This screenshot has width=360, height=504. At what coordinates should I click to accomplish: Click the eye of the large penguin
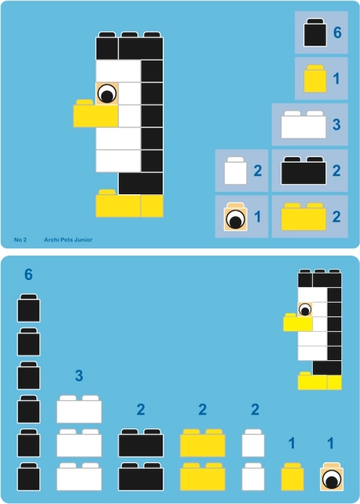(x=107, y=94)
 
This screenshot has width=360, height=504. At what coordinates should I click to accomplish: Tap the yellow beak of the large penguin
(x=96, y=113)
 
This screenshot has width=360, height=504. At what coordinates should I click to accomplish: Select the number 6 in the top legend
(x=337, y=32)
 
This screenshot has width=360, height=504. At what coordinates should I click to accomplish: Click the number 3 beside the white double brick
(x=336, y=125)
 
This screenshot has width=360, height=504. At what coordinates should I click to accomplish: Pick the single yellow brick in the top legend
(x=315, y=79)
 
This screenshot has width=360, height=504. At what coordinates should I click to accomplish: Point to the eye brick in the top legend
(x=236, y=216)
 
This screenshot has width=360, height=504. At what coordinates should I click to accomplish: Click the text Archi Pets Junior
(x=68, y=240)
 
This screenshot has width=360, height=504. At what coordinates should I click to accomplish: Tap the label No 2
(x=20, y=240)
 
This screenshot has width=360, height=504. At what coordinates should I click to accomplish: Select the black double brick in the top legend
(x=303, y=171)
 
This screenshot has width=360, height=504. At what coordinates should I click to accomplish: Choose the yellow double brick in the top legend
(x=303, y=217)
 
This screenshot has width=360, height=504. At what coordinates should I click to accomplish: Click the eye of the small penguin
(x=305, y=310)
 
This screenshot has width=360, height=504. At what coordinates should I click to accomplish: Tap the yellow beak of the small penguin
(x=298, y=322)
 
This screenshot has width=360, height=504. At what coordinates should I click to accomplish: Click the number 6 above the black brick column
(x=28, y=274)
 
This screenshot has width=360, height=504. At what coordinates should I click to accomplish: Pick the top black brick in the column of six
(x=28, y=308)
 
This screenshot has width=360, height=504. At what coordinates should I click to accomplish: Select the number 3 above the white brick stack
(x=79, y=375)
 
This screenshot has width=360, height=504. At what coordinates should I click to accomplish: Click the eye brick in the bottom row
(x=332, y=477)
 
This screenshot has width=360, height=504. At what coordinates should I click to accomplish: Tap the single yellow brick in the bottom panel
(x=292, y=477)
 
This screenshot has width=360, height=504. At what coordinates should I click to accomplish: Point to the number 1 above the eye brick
(x=330, y=443)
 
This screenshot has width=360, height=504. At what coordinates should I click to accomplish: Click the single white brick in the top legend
(x=236, y=171)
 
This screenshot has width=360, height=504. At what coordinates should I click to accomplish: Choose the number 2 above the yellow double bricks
(x=202, y=410)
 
